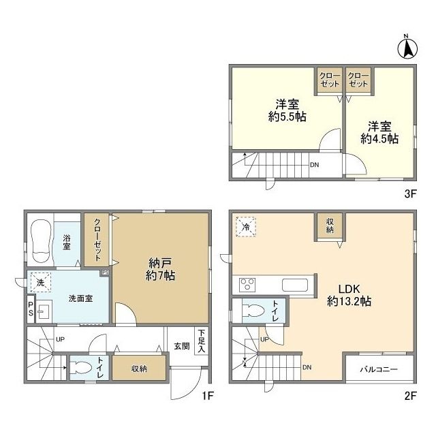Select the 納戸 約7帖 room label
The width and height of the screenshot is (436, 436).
click(161, 269)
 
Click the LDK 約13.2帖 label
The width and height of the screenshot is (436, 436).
click(349, 295)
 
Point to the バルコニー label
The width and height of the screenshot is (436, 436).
click(379, 369)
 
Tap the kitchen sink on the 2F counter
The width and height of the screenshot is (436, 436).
click(295, 285)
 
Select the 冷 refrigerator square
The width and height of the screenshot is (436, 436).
click(246, 227)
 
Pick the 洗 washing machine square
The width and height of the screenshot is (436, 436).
click(41, 283)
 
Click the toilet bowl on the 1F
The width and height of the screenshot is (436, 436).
click(81, 368)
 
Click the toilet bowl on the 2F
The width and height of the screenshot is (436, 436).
click(253, 311)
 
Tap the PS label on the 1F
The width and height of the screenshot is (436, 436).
click(31, 309)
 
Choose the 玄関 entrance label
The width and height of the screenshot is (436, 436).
click(182, 346)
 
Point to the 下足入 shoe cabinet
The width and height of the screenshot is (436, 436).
click(202, 341)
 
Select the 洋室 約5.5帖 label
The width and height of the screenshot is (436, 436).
click(287, 110)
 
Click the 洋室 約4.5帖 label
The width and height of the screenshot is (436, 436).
click(379, 133)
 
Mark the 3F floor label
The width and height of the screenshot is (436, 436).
click(410, 193)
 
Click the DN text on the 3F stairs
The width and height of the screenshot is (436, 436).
click(315, 165)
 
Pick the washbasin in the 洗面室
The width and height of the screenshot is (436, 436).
click(44, 311)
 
